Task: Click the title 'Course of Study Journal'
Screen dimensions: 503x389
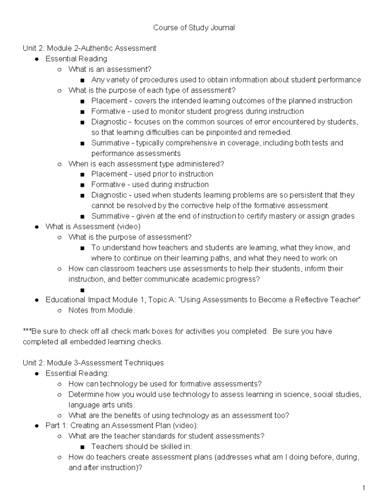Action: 194,28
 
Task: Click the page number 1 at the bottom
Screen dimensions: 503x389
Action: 364,488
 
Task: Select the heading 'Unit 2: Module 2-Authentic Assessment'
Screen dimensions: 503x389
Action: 89,49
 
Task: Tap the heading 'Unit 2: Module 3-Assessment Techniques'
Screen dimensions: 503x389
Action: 93,363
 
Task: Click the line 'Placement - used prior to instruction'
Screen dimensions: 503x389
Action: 152,174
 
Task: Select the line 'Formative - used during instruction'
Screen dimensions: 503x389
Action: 150,185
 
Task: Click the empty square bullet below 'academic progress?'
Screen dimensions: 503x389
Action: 82,290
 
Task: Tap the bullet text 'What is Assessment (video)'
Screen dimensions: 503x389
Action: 93,227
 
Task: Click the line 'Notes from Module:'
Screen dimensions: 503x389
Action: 101,310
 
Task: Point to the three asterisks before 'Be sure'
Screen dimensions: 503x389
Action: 27,331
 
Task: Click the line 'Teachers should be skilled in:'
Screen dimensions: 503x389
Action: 141,447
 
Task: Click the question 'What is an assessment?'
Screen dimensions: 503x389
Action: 110,69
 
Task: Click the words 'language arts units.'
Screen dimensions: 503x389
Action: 101,405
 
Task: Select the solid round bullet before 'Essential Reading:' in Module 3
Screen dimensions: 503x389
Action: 38,374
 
